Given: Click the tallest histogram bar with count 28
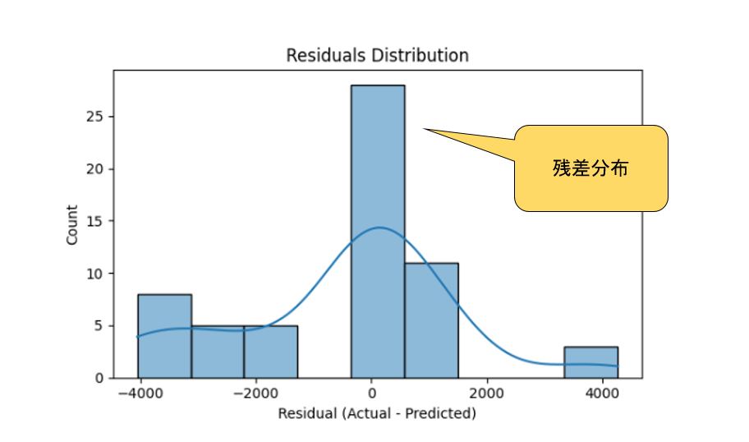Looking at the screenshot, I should pos(378,231).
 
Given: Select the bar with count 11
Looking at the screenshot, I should pos(431,320).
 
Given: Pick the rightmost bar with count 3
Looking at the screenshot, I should pos(590,362).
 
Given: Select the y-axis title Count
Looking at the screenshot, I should pos(73,224).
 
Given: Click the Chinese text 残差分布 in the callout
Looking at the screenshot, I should pos(590,169).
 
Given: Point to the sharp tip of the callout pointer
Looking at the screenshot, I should pos(422,128).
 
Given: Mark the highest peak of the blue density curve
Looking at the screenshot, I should pos(379,228).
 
